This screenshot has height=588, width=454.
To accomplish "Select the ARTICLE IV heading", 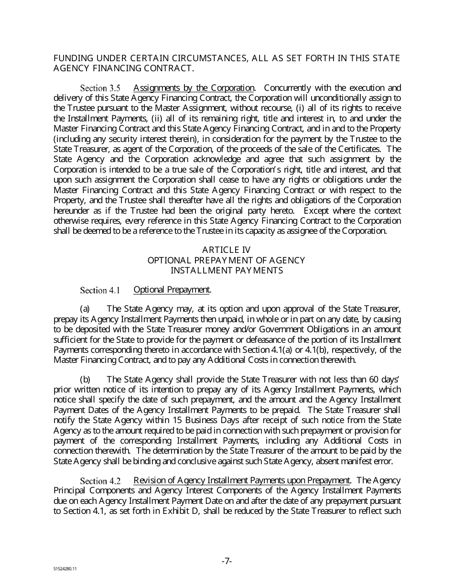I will point(227,250).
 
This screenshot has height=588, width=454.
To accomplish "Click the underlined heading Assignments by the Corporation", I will point(194,88).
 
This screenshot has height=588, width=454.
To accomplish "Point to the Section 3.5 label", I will point(100,88).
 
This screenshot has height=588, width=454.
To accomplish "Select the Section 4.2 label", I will point(100,480).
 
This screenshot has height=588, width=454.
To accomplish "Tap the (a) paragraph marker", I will point(85,309).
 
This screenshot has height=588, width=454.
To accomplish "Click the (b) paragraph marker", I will point(85,380).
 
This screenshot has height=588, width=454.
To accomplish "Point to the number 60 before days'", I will point(372,380).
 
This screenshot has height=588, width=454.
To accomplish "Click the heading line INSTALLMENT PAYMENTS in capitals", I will point(227,271).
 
